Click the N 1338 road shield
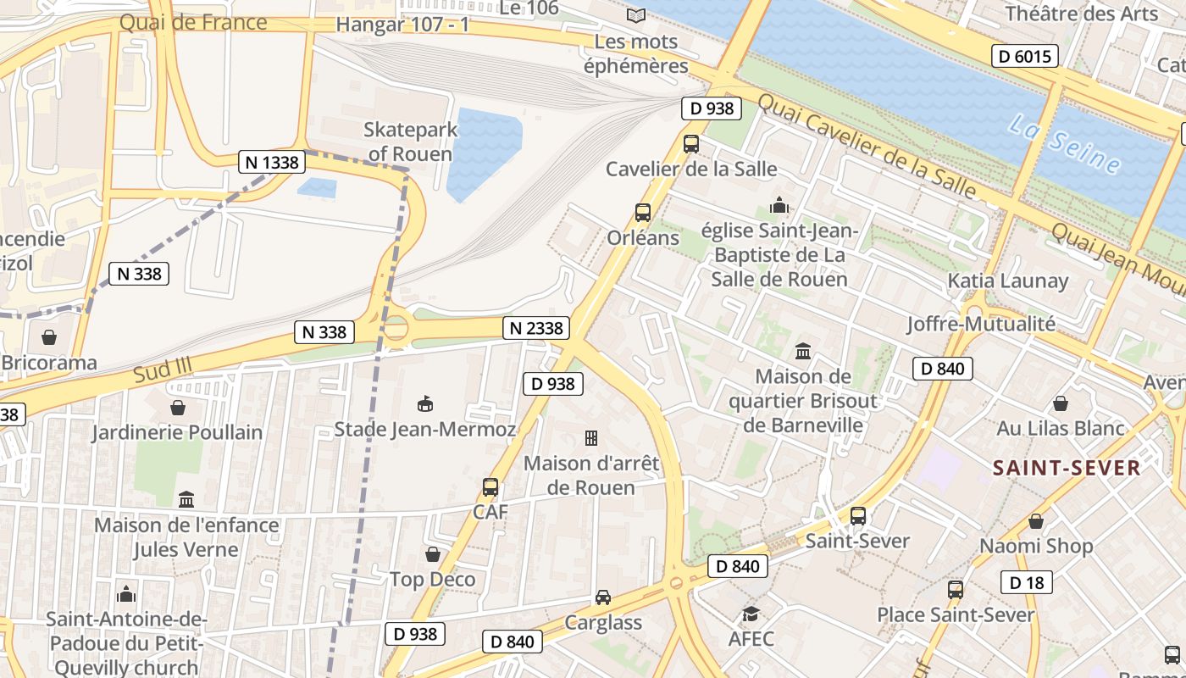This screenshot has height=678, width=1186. [271, 162]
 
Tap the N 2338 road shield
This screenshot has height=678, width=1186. [535, 328]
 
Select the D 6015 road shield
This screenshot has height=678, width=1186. [1024, 57]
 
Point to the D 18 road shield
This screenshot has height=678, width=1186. [1026, 582]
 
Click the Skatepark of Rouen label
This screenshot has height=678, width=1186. [411, 142]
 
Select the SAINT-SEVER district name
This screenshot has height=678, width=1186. [1066, 468]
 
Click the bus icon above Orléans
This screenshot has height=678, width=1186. [643, 213]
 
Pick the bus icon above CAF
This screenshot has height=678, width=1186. [490, 487]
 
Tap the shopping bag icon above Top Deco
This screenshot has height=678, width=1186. [433, 555]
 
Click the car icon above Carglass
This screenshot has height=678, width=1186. [602, 597]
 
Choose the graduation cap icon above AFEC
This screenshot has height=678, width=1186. [751, 614]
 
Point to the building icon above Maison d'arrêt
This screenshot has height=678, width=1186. [591, 438]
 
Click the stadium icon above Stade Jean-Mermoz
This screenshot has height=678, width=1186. [425, 404]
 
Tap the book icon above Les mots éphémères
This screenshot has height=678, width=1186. [635, 15]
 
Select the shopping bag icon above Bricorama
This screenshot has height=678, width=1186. [49, 337]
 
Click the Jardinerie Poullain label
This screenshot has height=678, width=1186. [177, 432]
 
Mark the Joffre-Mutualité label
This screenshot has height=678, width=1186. [981, 324]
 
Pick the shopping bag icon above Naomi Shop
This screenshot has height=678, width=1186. [1035, 521]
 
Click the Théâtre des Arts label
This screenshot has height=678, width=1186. [1081, 14]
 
